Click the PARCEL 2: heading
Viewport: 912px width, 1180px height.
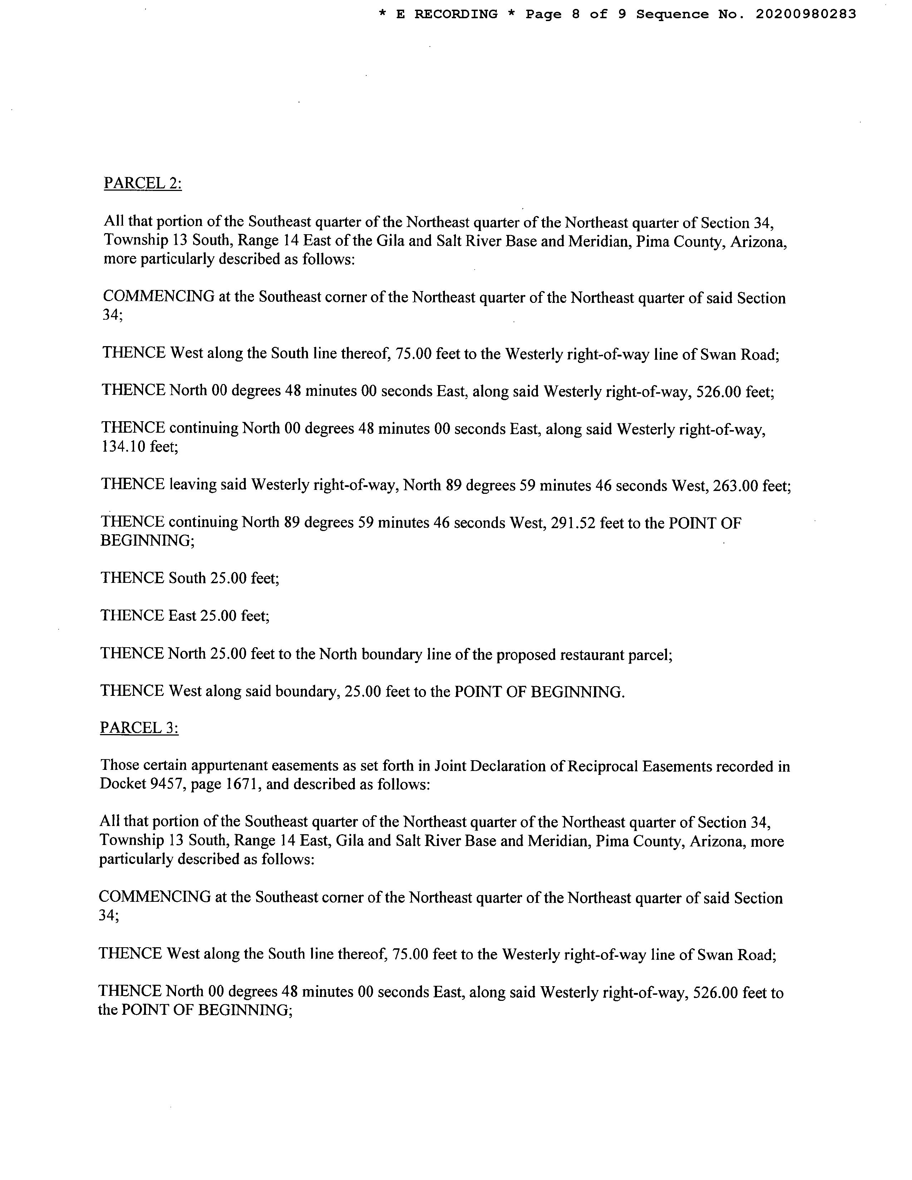tap(143, 184)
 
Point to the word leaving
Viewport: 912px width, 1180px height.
tap(192, 485)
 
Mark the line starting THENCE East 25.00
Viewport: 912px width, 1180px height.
tap(185, 616)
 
